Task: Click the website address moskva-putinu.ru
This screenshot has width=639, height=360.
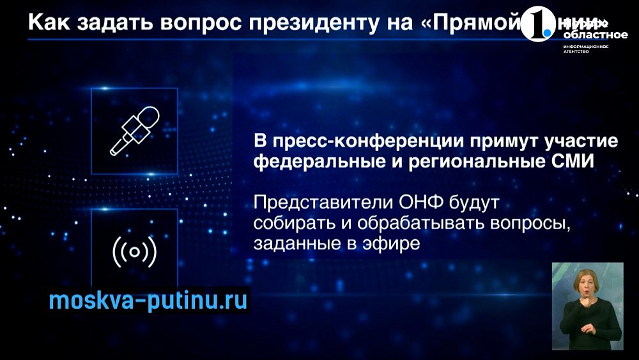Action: [x=148, y=301]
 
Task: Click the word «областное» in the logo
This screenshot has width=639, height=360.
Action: [x=586, y=36]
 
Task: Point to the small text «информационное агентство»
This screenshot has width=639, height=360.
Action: [x=585, y=49]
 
